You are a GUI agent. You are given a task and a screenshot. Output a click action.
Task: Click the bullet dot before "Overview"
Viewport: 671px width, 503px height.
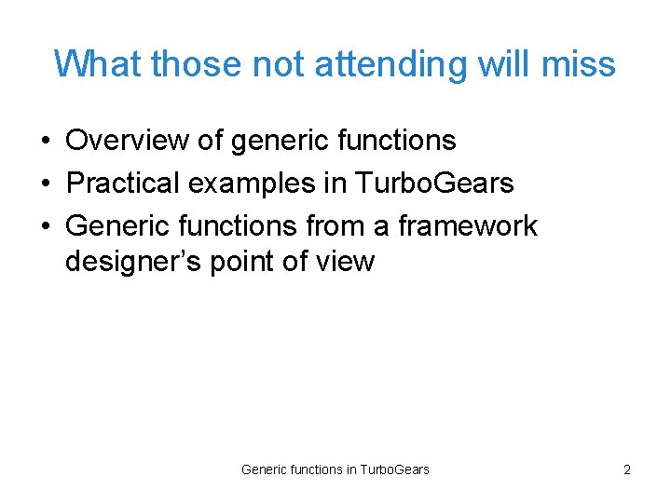pos(46,142)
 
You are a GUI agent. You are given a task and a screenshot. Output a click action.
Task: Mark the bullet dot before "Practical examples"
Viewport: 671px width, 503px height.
pos(46,184)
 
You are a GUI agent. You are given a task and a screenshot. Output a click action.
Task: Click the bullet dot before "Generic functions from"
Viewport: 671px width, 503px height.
pos(46,227)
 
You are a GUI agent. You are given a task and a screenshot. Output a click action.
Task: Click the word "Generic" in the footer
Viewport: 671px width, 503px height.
pos(264,469)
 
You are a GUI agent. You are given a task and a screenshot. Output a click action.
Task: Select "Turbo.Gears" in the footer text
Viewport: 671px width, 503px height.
pos(394,469)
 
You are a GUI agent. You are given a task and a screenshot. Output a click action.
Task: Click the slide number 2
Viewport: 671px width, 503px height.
pos(626,469)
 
